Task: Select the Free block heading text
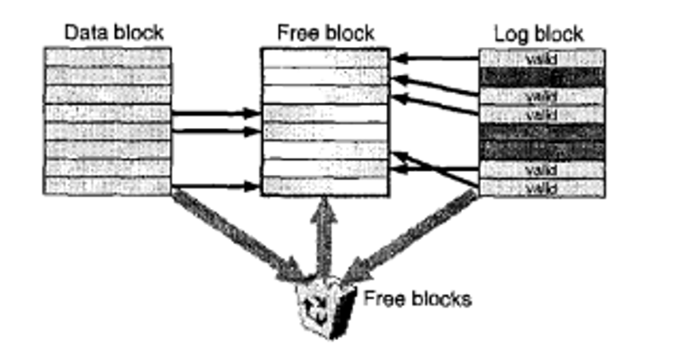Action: point(325,33)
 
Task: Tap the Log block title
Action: point(538,33)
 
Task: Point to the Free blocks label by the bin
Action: point(417,299)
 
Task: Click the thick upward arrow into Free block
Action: point(323,234)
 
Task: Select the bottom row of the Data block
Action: point(107,187)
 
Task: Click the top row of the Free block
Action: point(324,57)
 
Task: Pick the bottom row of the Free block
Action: point(324,186)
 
